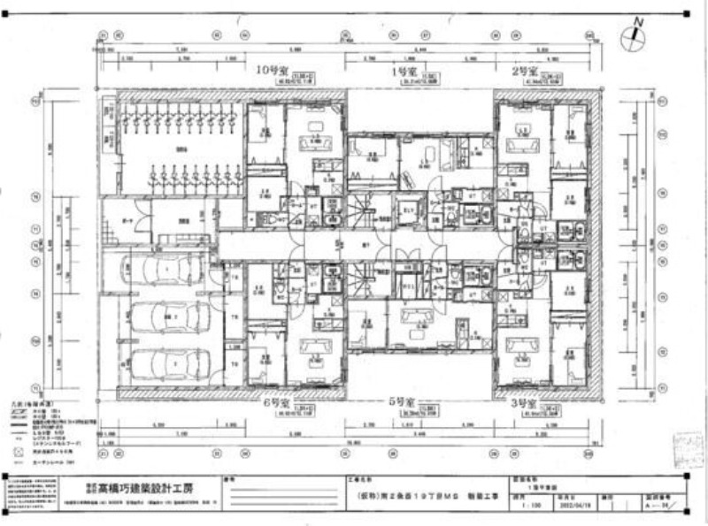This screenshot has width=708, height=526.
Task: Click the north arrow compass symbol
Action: click(x=634, y=35)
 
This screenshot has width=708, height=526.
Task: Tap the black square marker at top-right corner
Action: click(x=687, y=12)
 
